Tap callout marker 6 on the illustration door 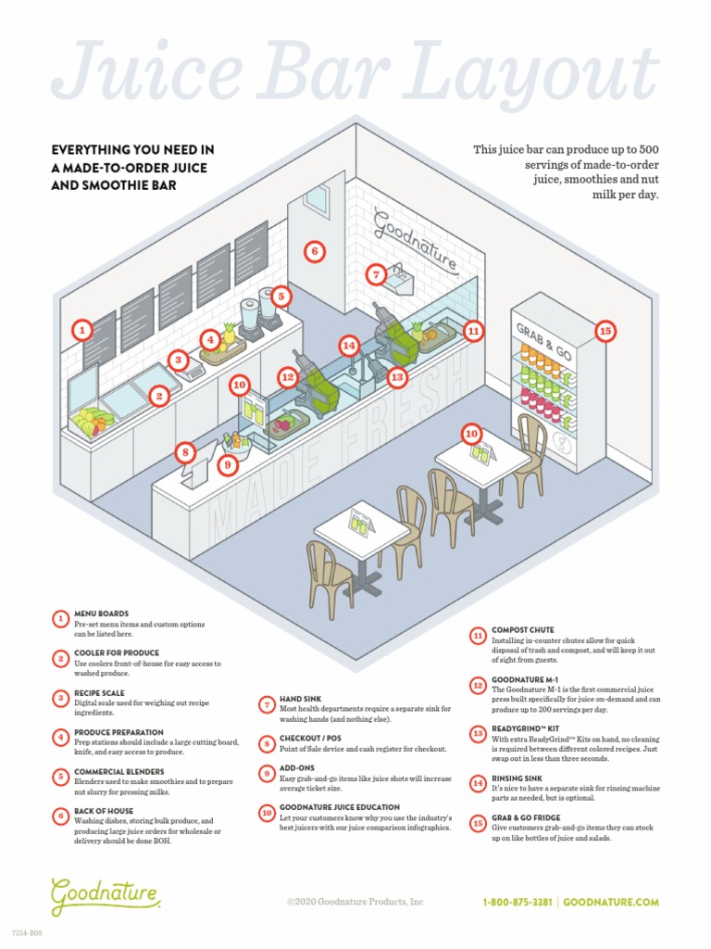(314, 251)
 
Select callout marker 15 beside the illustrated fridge (605, 330)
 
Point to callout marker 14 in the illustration (348, 346)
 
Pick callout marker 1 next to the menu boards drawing (82, 329)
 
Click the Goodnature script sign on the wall (415, 239)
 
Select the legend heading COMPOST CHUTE (524, 630)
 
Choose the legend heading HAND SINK (300, 699)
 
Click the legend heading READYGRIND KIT (530, 729)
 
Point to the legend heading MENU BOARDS (101, 614)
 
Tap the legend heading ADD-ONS (297, 768)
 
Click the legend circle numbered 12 (478, 686)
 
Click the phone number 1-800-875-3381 (518, 902)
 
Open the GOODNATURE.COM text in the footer (611, 902)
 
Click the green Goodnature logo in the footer (106, 895)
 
